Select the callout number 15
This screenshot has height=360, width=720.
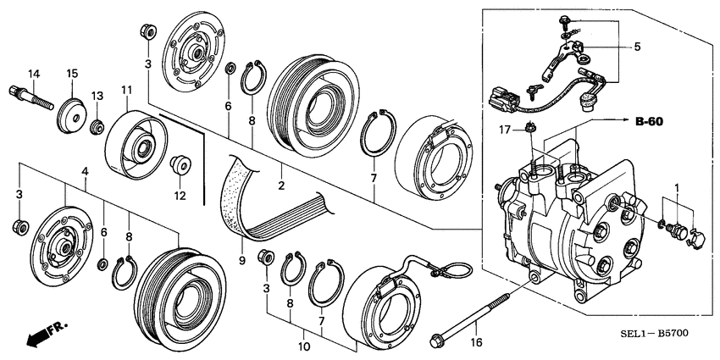[x=73, y=73]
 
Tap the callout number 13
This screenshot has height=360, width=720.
[x=97, y=96]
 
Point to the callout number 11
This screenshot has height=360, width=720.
[x=126, y=90]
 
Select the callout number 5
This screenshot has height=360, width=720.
[x=637, y=47]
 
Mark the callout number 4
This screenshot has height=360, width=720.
[x=84, y=172]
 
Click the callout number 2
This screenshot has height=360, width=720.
[x=281, y=181]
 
